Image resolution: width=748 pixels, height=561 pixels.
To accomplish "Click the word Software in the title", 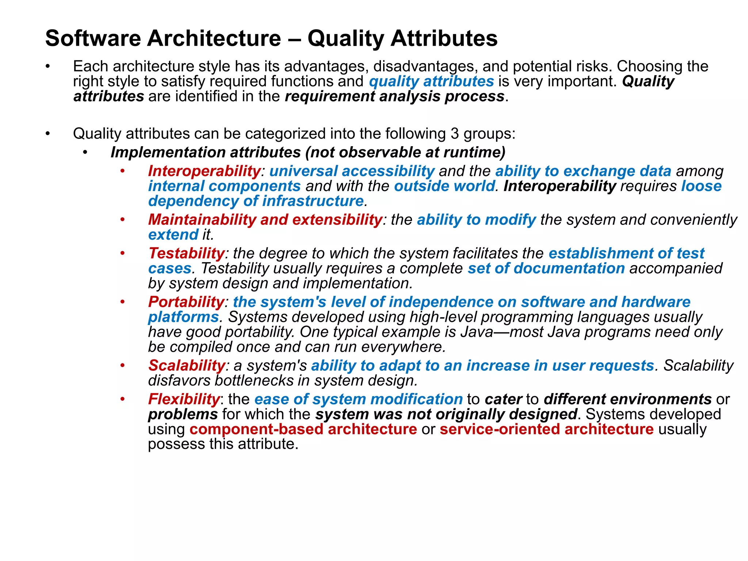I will pyautogui.click(x=93, y=38).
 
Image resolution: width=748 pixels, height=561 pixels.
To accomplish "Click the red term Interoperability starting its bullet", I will pyautogui.click(x=204, y=171).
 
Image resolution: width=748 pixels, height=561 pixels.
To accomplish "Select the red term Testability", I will pyautogui.click(x=186, y=253).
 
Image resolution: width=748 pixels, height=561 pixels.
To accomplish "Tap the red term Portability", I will pyautogui.click(x=186, y=302).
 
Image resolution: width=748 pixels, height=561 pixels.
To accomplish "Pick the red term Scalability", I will pyautogui.click(x=187, y=366).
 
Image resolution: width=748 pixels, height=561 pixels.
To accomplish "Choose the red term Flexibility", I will pyautogui.click(x=184, y=399).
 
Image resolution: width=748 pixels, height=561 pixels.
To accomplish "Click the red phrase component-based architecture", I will pyautogui.click(x=303, y=429).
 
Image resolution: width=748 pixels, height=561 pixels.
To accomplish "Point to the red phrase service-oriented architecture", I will pyautogui.click(x=546, y=429).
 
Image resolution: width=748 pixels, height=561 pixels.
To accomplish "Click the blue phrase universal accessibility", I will pyautogui.click(x=352, y=171).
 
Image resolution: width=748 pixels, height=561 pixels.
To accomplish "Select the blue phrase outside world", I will pyautogui.click(x=444, y=186).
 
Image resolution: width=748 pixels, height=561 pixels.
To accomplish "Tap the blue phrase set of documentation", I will pyautogui.click(x=546, y=268).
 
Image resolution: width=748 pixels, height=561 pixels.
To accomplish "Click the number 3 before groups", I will pyautogui.click(x=454, y=134).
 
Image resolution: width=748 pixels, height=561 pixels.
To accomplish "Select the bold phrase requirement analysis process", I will pyautogui.click(x=394, y=96).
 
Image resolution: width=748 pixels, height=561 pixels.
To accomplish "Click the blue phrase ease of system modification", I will pyautogui.click(x=358, y=399).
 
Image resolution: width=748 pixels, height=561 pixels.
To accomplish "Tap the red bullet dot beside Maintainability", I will pyautogui.click(x=123, y=220).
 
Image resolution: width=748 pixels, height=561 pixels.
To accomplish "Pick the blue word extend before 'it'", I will pyautogui.click(x=173, y=235).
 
